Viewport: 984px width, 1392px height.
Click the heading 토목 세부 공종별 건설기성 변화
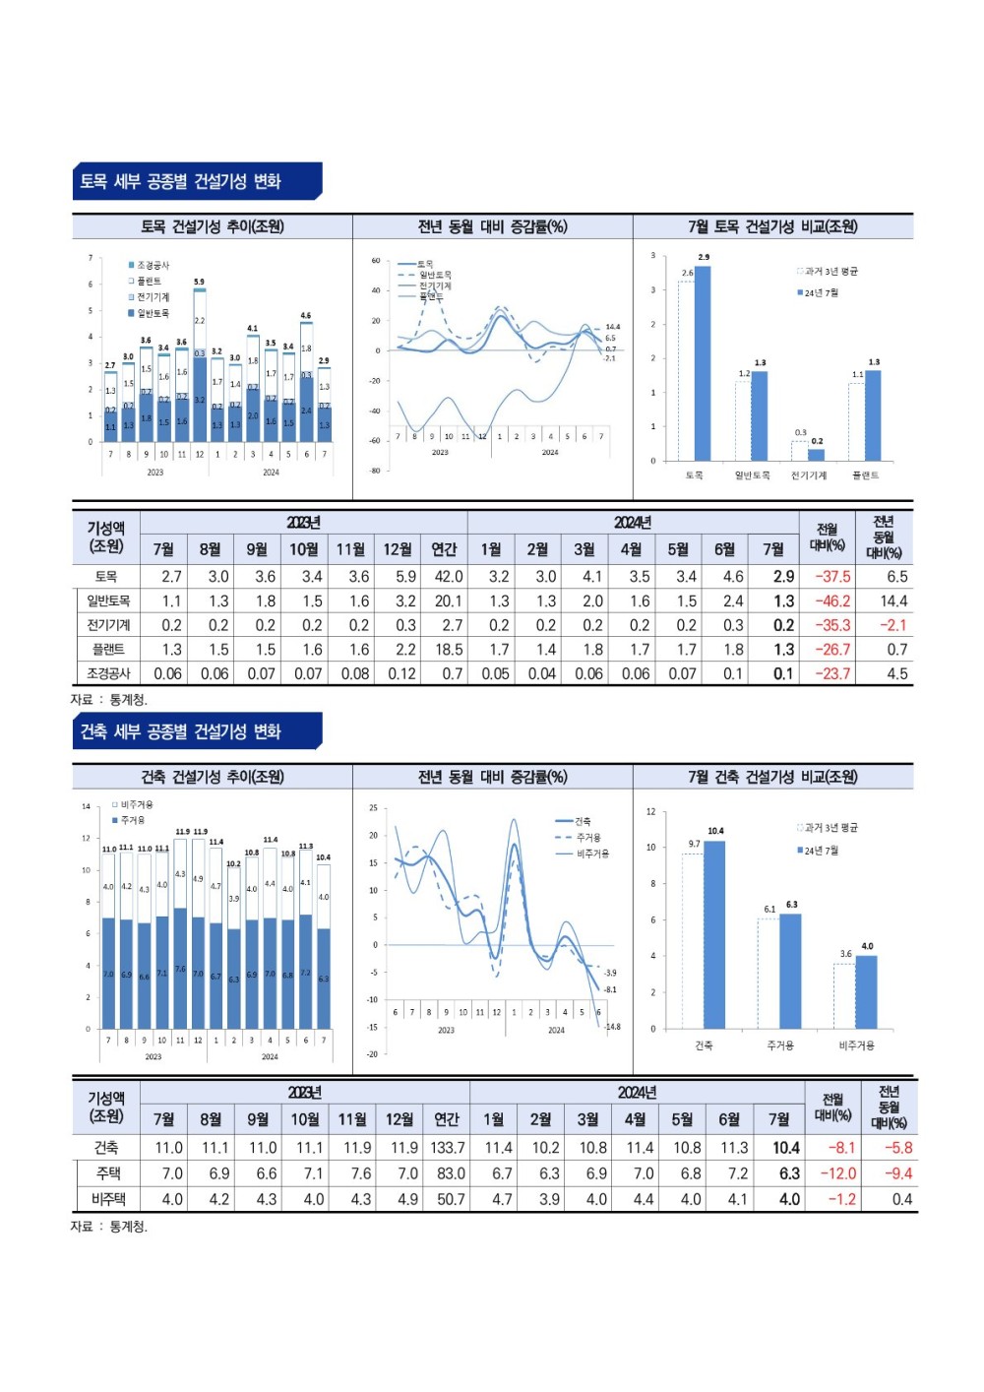pos(181,182)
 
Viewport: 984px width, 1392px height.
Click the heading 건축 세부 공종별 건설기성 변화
pos(181,732)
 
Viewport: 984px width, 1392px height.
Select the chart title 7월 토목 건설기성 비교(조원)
pos(772,227)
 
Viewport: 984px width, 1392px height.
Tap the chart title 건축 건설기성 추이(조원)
pos(213,778)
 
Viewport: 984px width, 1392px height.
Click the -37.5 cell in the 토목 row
pos(832,577)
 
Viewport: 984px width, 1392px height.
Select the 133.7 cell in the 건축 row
pos(448,1148)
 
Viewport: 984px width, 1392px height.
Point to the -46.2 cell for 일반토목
pos(832,601)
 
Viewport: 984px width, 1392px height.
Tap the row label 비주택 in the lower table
pos(108,1199)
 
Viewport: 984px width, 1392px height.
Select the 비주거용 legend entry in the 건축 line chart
pos(592,854)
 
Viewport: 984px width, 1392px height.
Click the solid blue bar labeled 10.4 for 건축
pos(714,934)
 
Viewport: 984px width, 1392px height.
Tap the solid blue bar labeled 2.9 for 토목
pos(703,363)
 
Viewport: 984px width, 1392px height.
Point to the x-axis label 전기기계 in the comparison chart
pos(809,475)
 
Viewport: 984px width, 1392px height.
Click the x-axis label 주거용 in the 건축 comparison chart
pos(780,1045)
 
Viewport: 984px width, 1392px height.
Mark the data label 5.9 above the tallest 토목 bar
pos(199,283)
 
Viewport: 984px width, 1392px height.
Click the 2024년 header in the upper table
pos(633,523)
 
